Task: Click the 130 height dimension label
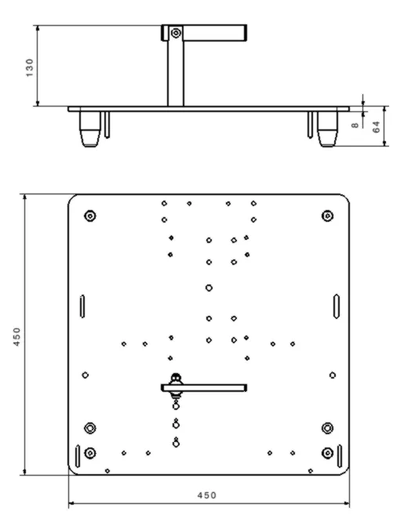pos(30,67)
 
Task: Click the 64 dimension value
pos(376,127)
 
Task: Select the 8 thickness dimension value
pos(355,125)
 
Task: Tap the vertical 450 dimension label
pos(16,336)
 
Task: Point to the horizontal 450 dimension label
pos(207,495)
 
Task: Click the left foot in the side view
pos(90,129)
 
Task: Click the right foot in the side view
pos(327,129)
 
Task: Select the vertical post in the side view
pos(176,73)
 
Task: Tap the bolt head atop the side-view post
pos(176,33)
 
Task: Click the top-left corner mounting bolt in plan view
pos(90,216)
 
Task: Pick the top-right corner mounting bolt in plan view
pos(327,216)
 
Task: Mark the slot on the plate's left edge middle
pos(82,306)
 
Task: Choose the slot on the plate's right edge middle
pos(337,306)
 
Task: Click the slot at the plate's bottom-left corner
pos(78,456)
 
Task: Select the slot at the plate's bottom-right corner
pos(340,456)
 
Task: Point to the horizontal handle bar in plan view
pos(204,388)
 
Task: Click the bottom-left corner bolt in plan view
pos(89,453)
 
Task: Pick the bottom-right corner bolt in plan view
pos(327,453)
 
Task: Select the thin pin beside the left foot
pos(107,125)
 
